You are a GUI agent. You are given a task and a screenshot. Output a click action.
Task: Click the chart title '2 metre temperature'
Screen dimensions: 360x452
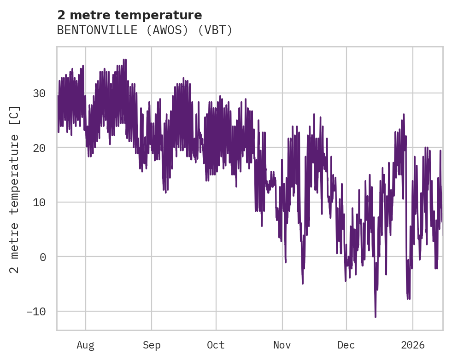pyautogui.click(x=129, y=15)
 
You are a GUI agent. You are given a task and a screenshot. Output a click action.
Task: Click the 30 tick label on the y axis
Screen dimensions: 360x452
pyautogui.click(x=39, y=93)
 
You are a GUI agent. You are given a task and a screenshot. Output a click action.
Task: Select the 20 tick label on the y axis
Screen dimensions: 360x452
pyautogui.click(x=39, y=148)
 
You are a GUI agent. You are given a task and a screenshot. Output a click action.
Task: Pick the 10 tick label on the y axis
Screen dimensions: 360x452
pyautogui.click(x=39, y=202)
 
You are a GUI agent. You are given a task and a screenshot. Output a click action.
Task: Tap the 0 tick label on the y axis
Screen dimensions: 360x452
pyautogui.click(x=42, y=257)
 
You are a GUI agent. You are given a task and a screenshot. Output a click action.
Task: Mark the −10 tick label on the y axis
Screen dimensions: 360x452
pyautogui.click(x=36, y=311)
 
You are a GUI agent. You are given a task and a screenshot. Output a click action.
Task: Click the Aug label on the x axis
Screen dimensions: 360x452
pyautogui.click(x=85, y=345)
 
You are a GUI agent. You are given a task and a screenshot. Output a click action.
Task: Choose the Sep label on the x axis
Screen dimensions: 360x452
pyautogui.click(x=151, y=345)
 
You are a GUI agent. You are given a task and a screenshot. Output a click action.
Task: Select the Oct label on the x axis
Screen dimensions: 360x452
pyautogui.click(x=216, y=345)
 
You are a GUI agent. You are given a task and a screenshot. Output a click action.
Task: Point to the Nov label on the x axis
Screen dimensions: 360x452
pyautogui.click(x=282, y=345)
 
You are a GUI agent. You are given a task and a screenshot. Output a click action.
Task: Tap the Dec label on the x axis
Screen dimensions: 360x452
pyautogui.click(x=346, y=345)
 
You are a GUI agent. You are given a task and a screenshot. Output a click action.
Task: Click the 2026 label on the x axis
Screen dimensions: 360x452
pyautogui.click(x=412, y=345)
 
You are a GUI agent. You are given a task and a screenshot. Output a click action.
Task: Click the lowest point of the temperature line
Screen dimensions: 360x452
pyautogui.click(x=376, y=317)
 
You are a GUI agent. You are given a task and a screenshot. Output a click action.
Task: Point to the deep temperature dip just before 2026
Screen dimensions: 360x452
pyautogui.click(x=408, y=299)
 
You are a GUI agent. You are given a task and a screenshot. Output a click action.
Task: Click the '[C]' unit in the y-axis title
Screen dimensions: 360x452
pyautogui.click(x=15, y=114)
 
